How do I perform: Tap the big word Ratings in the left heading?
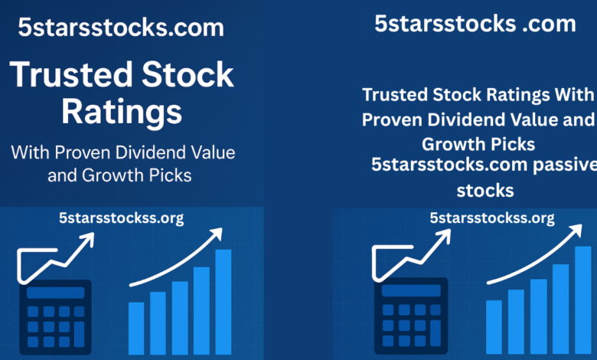tap(122, 112)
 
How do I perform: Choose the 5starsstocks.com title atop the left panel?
tap(122, 28)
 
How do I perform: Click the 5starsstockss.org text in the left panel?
tap(122, 218)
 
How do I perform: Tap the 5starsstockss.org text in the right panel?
tap(491, 218)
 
